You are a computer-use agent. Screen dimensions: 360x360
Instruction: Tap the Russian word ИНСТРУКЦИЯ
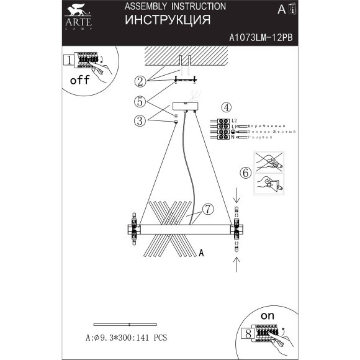[167, 20]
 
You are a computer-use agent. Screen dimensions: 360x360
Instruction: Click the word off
[79, 81]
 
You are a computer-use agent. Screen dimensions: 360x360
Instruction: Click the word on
[268, 316]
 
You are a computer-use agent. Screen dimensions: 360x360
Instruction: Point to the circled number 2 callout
[141, 81]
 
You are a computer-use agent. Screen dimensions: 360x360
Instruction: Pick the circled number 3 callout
[141, 120]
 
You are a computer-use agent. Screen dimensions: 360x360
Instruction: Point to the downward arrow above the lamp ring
[236, 199]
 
